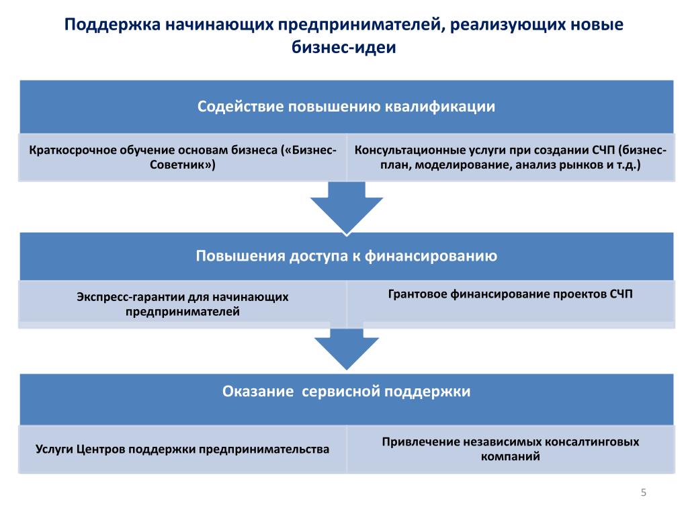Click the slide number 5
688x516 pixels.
click(643, 492)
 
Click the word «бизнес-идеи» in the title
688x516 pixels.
click(344, 47)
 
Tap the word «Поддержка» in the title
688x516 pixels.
click(112, 25)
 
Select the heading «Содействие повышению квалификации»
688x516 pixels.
click(346, 107)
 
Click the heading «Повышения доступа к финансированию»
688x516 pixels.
click(346, 256)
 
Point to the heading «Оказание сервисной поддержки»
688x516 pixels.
click(346, 392)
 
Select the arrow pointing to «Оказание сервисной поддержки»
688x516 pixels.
click(347, 349)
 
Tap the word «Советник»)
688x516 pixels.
click(183, 165)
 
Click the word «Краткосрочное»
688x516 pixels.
click(73, 150)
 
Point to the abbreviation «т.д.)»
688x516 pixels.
click(628, 165)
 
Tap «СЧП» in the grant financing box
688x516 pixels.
click(621, 294)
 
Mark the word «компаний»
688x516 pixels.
click(511, 457)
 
